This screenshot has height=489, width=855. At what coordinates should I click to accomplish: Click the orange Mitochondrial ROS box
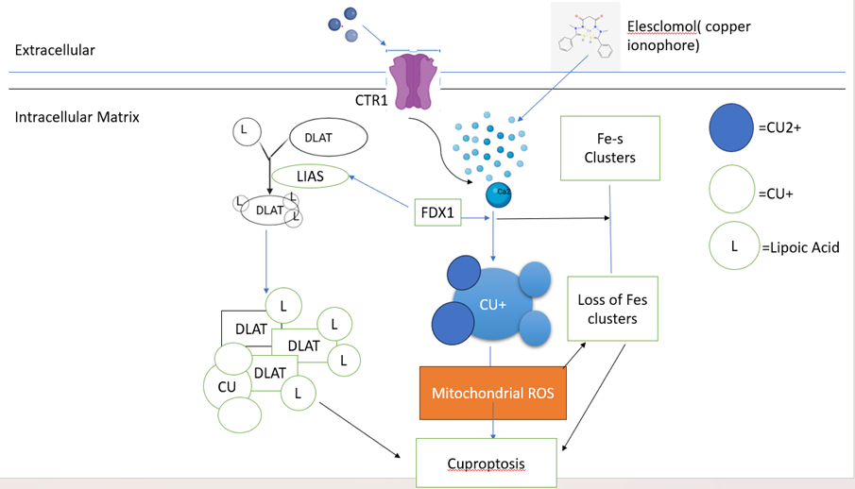pyautogui.click(x=492, y=393)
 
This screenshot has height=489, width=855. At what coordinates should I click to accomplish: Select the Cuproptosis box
pyautogui.click(x=486, y=463)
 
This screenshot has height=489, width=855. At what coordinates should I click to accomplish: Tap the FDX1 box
pyautogui.click(x=437, y=212)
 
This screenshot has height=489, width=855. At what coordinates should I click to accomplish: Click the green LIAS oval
pyautogui.click(x=310, y=176)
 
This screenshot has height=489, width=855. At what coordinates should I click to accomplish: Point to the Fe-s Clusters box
pyautogui.click(x=609, y=147)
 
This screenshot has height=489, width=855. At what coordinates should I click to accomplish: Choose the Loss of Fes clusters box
pyautogui.click(x=612, y=309)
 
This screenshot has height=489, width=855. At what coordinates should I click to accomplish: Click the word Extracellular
pyautogui.click(x=55, y=49)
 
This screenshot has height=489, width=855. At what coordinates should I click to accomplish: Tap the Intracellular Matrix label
pyautogui.click(x=77, y=117)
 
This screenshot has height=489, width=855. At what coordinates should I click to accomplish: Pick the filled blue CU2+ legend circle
pyautogui.click(x=731, y=128)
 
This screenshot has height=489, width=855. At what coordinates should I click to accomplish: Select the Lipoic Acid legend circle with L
pyautogui.click(x=733, y=247)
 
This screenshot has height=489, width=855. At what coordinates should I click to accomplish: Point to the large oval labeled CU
pyautogui.click(x=228, y=386)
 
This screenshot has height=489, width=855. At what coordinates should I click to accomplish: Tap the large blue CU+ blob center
pyautogui.click(x=491, y=305)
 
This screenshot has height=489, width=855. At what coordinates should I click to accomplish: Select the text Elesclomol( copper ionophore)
pyautogui.click(x=689, y=35)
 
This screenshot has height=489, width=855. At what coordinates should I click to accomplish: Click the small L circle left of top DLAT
pyautogui.click(x=244, y=130)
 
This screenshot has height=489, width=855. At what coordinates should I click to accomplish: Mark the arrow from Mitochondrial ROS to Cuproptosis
pyautogui.click(x=492, y=429)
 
